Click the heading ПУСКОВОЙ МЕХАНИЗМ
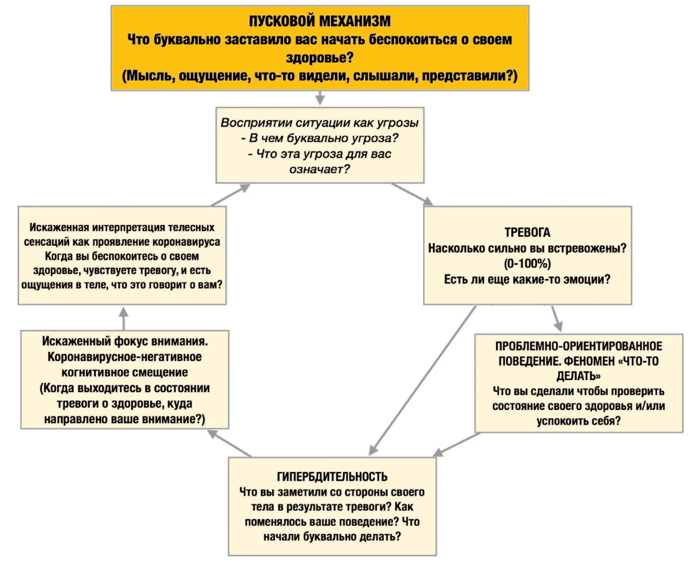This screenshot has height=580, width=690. (319, 21)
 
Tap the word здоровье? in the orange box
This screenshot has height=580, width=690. (319, 58)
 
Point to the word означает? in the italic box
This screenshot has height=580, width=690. (319, 169)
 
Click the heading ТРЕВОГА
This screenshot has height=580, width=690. (527, 232)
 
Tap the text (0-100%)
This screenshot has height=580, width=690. (527, 264)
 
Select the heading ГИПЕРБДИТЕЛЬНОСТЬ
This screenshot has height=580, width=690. (332, 477)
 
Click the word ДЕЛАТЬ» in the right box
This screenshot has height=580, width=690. (578, 376)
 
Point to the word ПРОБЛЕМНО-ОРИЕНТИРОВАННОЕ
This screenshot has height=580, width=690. (578, 346)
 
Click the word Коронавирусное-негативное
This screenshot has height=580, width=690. (125, 357)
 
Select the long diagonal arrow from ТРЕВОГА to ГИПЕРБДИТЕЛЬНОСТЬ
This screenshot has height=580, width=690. (422, 380)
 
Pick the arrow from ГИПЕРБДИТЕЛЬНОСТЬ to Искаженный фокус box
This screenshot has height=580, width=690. (229, 443)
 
